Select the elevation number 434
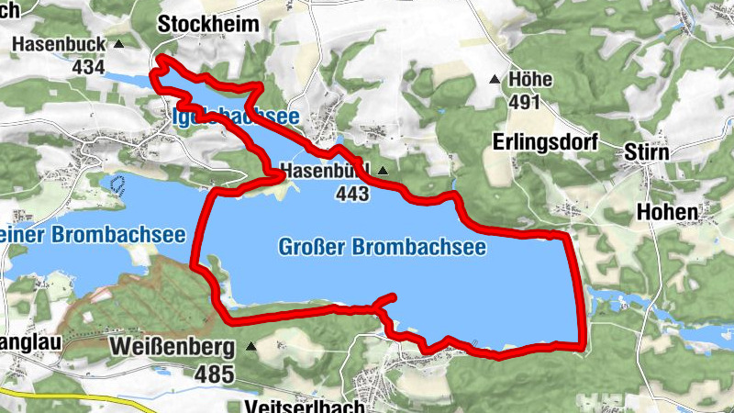coord(88,66)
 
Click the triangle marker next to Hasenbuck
coord(119,43)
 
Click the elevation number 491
coord(524,102)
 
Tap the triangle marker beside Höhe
coord(495,80)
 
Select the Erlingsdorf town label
coord(545,142)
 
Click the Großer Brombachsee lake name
coord(381,247)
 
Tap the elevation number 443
coord(352,194)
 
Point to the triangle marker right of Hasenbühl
coord(383,171)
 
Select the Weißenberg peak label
coord(172,348)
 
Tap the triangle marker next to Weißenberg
coord(251,347)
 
